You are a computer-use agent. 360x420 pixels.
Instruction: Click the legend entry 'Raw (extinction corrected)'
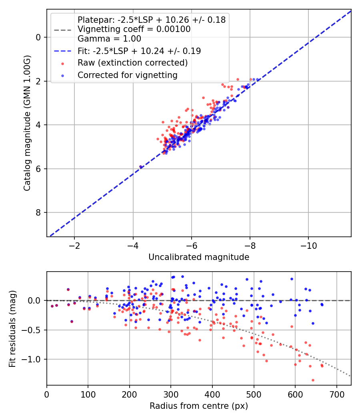point(132,63)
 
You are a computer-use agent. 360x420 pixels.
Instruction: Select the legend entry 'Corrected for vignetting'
point(127,75)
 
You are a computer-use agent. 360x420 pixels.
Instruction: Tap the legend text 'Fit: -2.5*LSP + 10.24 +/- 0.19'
point(139,51)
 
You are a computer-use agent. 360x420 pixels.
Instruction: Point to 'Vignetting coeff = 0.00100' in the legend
point(134,29)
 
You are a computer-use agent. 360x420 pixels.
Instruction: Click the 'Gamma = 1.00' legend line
point(109,39)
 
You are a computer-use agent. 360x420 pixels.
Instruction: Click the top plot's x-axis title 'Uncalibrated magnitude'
point(199,257)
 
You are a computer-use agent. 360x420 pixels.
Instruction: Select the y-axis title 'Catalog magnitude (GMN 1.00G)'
point(27,123)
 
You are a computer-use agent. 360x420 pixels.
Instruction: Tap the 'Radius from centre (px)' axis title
point(199,406)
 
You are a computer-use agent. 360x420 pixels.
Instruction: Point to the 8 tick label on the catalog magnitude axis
point(39,212)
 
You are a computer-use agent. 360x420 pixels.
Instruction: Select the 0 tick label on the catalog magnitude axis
point(39,37)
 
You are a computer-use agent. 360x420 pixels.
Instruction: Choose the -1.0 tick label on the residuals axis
point(34,359)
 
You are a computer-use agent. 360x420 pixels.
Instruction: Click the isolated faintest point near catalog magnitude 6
point(140,166)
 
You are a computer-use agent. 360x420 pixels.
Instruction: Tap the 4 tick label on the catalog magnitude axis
point(39,125)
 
